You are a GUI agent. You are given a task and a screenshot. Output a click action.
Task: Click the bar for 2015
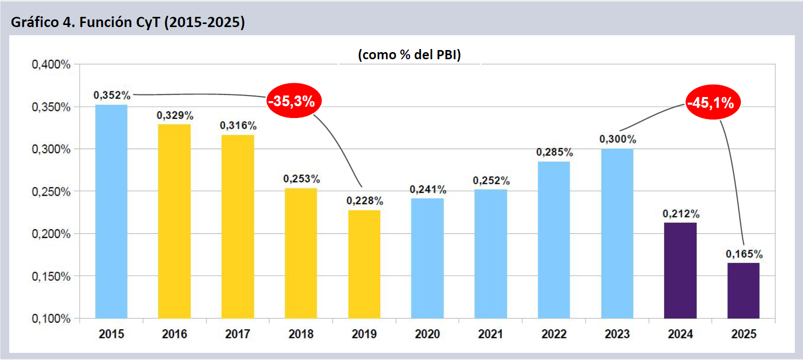(x=111, y=211)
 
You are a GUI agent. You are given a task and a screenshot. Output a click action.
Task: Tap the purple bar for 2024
(x=680, y=270)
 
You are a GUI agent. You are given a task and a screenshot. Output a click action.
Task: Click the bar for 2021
(x=491, y=254)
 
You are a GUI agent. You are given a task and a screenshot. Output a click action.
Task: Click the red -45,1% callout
(x=712, y=103)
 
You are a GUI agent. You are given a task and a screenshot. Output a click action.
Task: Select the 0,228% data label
(x=364, y=201)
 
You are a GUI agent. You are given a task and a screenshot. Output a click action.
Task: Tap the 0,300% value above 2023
(x=618, y=139)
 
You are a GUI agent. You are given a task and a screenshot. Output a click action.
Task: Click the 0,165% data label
(x=744, y=254)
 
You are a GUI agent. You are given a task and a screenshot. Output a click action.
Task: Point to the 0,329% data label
(x=175, y=115)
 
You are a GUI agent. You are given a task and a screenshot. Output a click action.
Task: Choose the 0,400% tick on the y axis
(x=51, y=64)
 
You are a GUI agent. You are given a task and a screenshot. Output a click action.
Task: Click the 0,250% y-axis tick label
(x=51, y=191)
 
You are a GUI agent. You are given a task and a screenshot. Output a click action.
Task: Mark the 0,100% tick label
(x=51, y=319)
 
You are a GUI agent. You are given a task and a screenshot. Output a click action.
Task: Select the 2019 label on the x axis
(x=364, y=334)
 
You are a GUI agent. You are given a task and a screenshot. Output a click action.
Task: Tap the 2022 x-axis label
(x=554, y=334)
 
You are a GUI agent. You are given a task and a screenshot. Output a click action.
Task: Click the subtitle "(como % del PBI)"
(x=409, y=55)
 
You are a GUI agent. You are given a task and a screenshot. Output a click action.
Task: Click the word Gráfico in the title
(x=35, y=22)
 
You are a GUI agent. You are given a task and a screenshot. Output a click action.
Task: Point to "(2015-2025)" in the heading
(x=205, y=22)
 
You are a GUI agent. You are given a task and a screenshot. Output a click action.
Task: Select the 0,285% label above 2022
(x=554, y=152)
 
